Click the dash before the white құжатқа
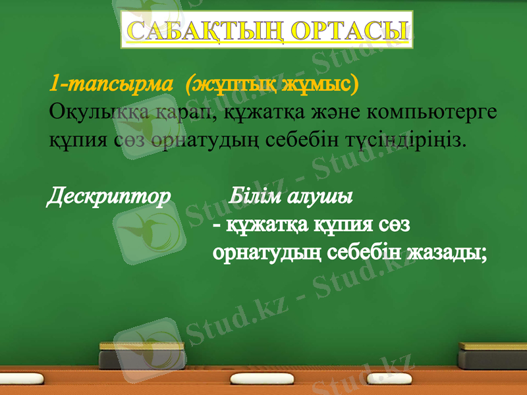pos(218,226)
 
